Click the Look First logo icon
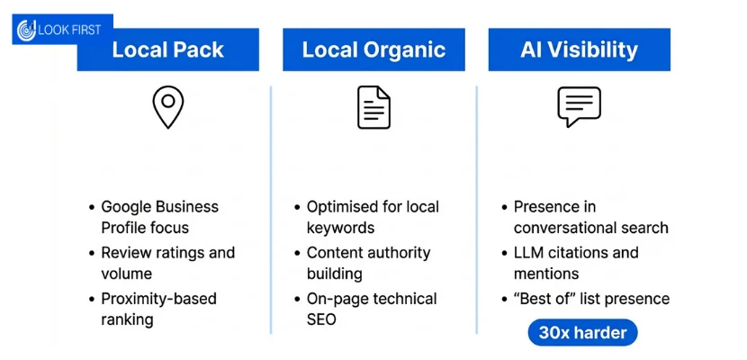(26, 30)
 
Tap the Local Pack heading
(167, 50)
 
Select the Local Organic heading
(374, 50)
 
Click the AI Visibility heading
(580, 50)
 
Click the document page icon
(374, 108)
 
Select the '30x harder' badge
(582, 332)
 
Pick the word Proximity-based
(158, 299)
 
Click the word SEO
(321, 319)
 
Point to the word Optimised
(338, 207)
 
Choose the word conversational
(563, 228)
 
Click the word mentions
(546, 274)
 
